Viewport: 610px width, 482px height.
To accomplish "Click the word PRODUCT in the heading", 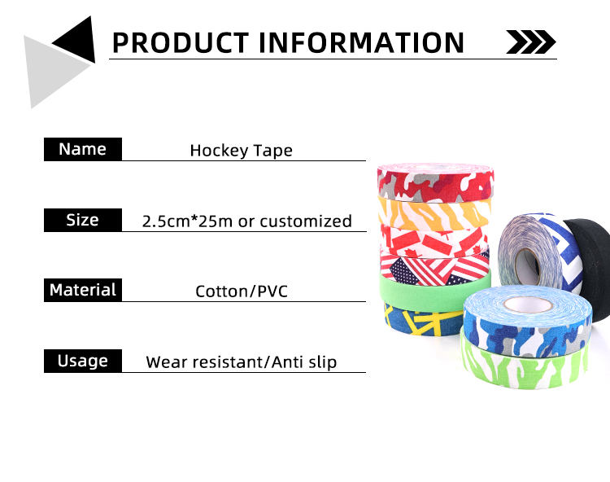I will pyautogui.click(x=178, y=42).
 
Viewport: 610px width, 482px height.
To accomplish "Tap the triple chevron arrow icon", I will pyautogui.click(x=530, y=42).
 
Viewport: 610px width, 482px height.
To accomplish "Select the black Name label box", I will pyautogui.click(x=82, y=149).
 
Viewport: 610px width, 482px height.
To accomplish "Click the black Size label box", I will pyautogui.click(x=82, y=220).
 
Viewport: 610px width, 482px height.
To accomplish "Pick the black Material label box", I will pyautogui.click(x=82, y=290).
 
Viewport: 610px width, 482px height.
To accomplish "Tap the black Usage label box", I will pyautogui.click(x=82, y=361).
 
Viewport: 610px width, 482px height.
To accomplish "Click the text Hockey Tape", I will pyautogui.click(x=241, y=151).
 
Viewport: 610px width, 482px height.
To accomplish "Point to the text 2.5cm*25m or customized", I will pyautogui.click(x=246, y=221).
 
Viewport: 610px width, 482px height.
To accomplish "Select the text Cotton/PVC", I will pyautogui.click(x=242, y=291).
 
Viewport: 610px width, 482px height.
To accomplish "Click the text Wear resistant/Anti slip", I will pyautogui.click(x=241, y=361).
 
